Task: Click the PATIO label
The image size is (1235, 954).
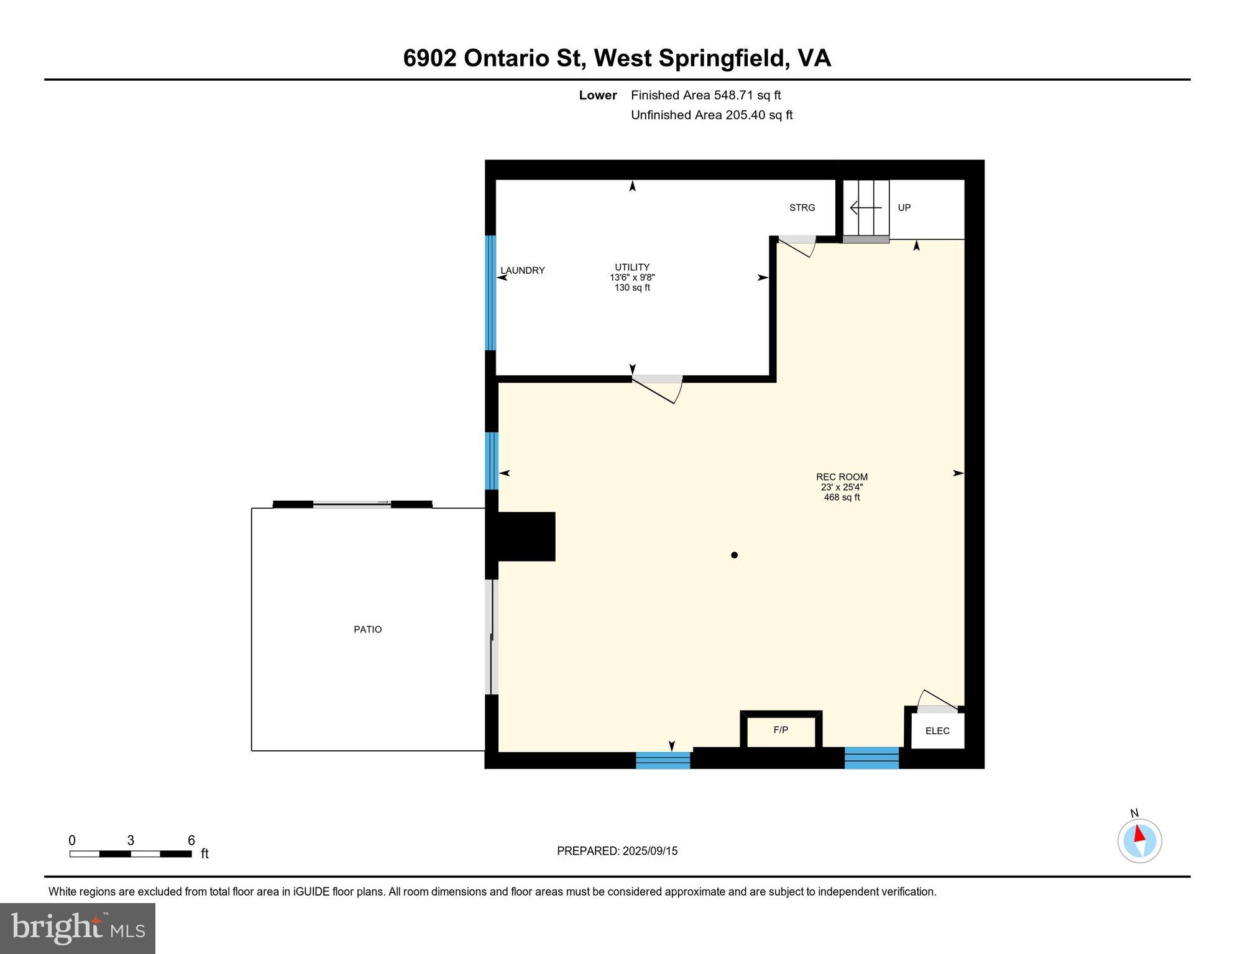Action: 367,629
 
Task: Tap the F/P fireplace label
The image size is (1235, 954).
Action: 781,730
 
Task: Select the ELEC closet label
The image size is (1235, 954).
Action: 937,731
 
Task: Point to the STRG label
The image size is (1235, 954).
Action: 802,207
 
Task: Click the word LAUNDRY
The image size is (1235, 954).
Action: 523,270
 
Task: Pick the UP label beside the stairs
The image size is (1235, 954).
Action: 904,207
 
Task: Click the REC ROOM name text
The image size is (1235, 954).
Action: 842,477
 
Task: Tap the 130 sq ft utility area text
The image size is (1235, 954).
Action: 632,288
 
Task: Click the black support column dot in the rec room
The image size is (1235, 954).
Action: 734,555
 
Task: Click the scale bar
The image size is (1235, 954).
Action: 131,854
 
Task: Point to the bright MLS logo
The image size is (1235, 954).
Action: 78,928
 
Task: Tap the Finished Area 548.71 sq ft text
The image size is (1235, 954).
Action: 705,95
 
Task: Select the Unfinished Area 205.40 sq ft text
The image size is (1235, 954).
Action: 712,115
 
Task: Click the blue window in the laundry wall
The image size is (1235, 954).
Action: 490,293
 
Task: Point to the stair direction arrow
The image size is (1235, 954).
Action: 865,207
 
